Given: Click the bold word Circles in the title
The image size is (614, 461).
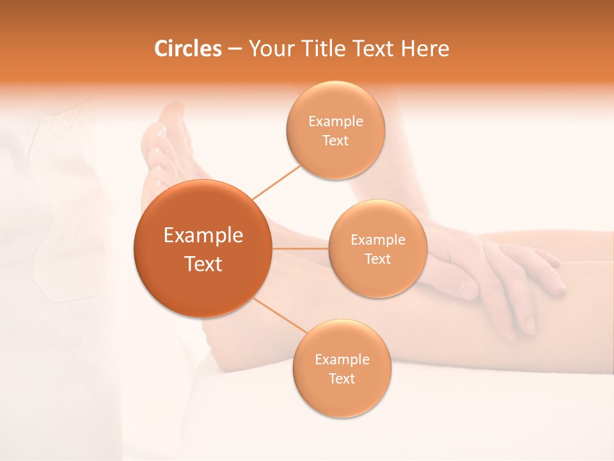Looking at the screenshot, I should coord(187,49).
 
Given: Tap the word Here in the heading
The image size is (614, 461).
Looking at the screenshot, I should coord(425,49).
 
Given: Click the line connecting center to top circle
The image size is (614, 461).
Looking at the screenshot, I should coord(276,182).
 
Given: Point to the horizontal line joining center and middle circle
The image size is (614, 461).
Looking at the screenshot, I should coord(300,248).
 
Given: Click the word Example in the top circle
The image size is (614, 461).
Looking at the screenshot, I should coord(335,121).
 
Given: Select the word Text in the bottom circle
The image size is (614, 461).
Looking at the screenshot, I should coord(342,378).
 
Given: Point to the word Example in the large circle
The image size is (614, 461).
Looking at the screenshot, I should coord(203,236).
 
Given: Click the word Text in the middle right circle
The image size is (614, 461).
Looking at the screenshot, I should coord(377,259).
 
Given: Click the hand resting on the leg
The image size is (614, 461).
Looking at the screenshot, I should coord(505,275).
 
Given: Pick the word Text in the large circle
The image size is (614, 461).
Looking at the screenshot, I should coord(203,264).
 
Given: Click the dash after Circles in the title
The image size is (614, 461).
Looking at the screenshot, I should coord(235,49).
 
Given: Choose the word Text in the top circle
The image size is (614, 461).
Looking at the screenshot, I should coord(335,140).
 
